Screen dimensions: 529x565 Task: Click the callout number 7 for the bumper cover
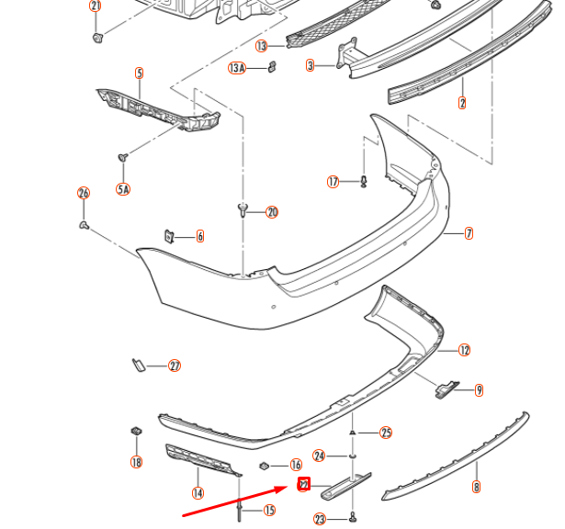[469, 233]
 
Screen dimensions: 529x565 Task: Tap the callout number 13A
[237, 68]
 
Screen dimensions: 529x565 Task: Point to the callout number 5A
[122, 188]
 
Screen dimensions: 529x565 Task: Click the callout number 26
[84, 193]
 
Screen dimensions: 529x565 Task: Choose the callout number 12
[464, 349]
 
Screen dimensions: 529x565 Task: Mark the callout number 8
[476, 487]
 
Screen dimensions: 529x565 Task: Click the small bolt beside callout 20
[243, 210]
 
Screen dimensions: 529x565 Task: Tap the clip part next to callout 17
[365, 180]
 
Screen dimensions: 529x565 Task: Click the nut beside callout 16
[265, 466]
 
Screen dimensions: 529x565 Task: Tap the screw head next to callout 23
[353, 518]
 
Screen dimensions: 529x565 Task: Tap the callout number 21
[96, 6]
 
